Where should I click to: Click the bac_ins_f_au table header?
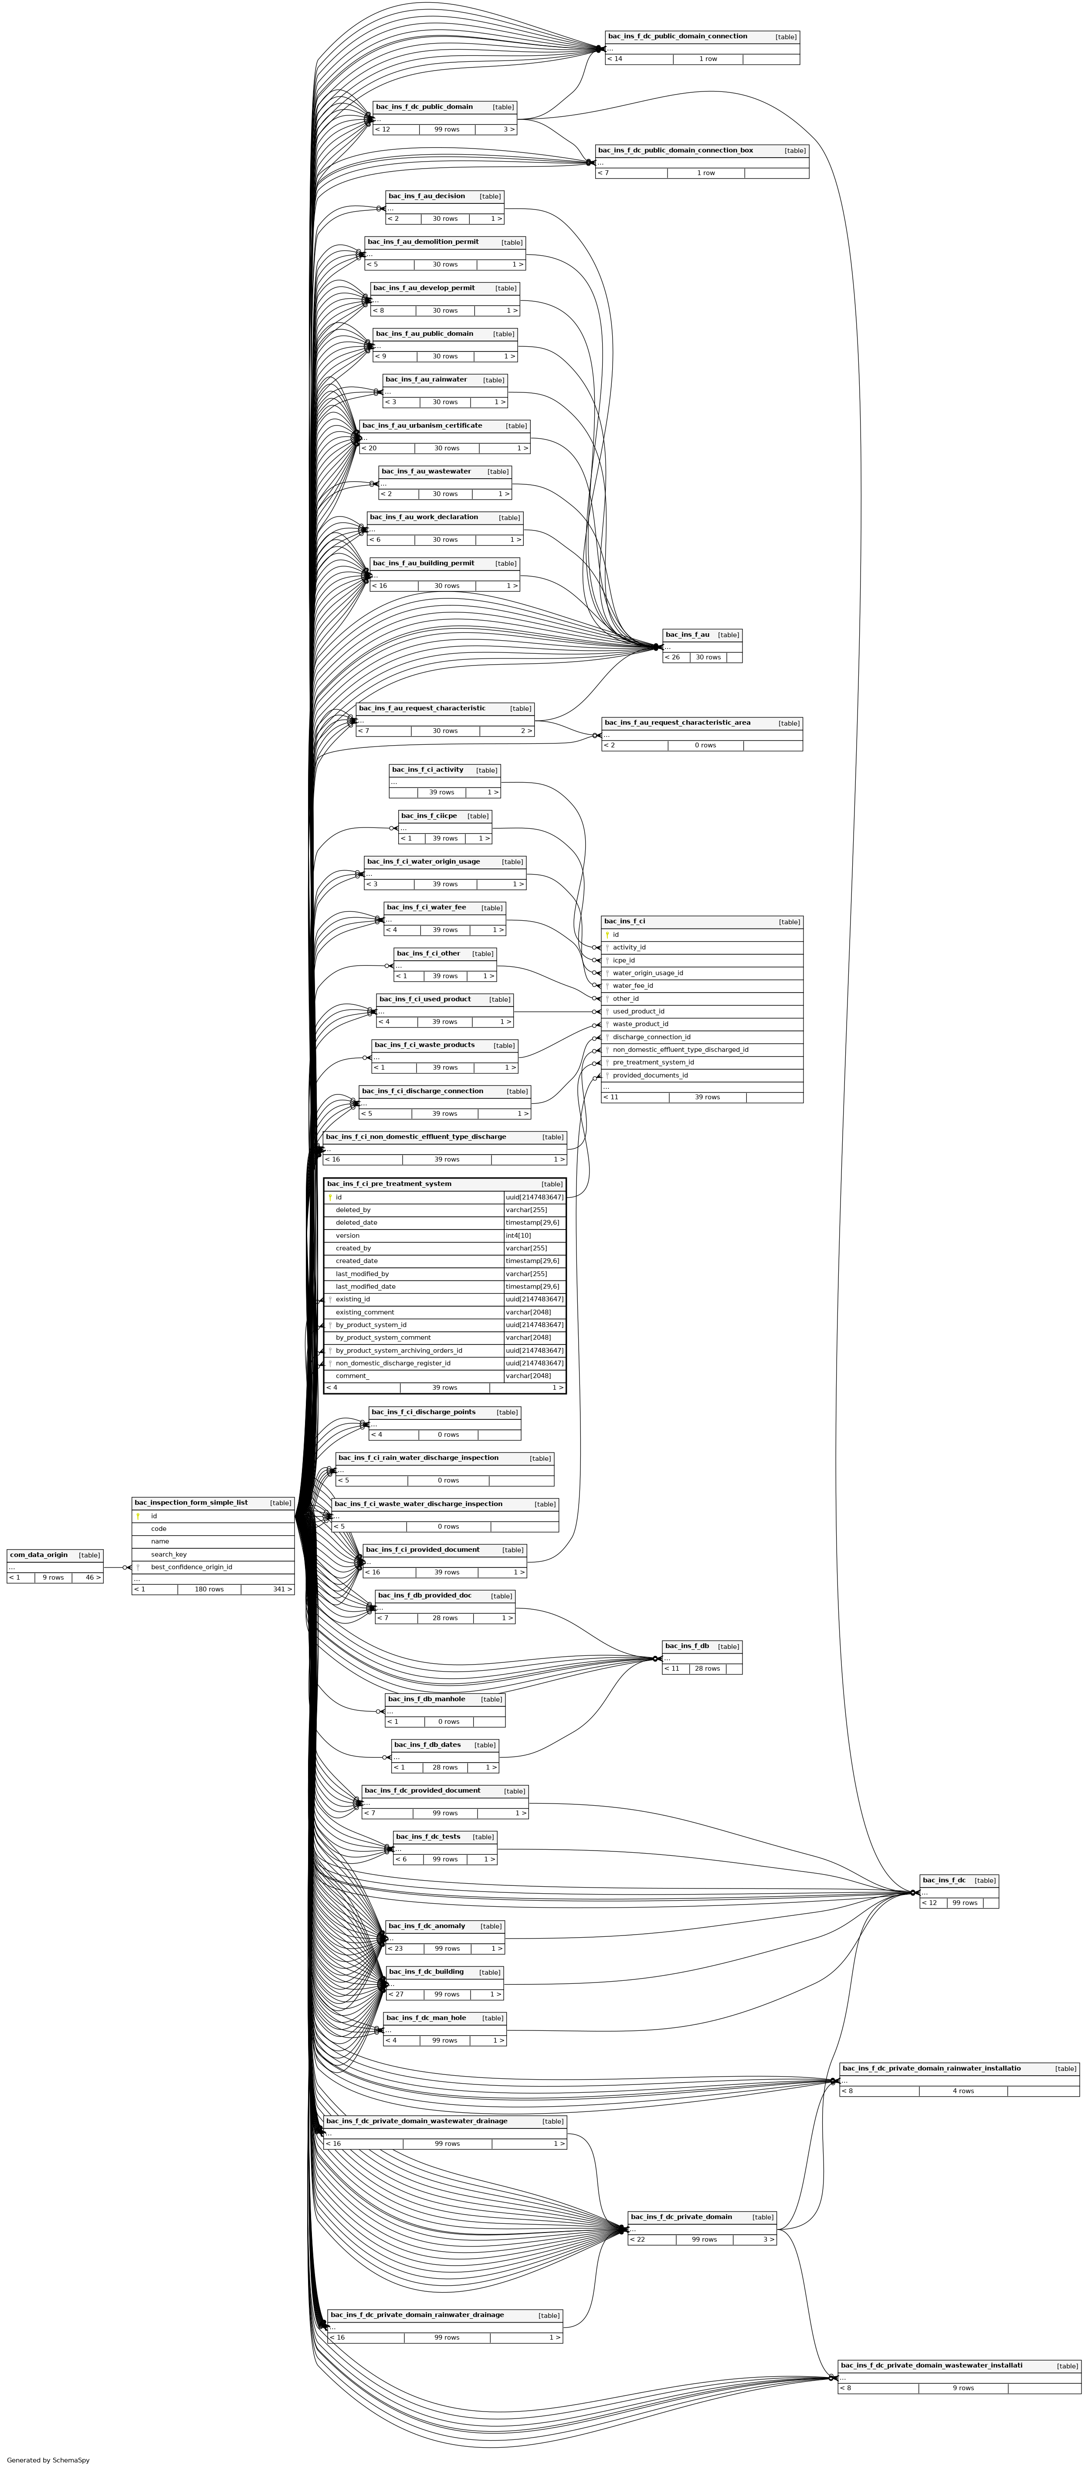(687, 635)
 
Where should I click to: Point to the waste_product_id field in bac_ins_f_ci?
(641, 1023)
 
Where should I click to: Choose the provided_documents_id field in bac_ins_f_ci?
(650, 1075)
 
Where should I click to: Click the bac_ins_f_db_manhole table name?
(427, 1699)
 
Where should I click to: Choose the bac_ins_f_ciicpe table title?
(428, 816)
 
